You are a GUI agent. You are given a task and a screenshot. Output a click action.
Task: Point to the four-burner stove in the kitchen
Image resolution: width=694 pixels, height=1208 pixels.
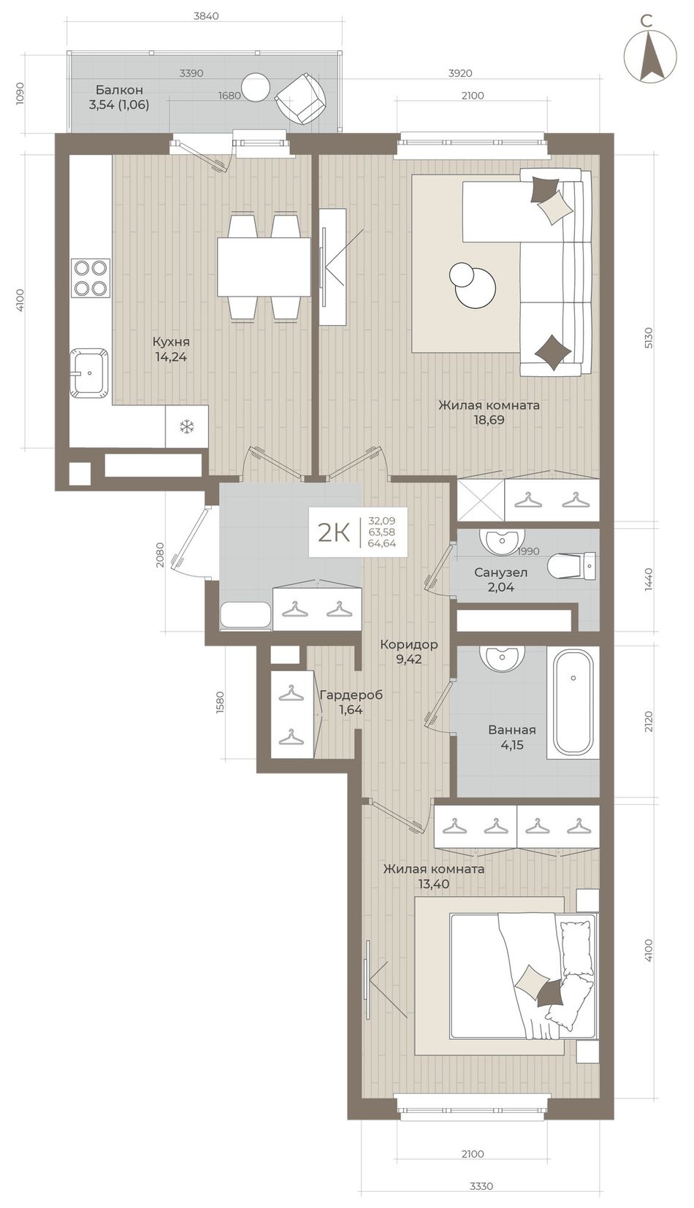click(90, 278)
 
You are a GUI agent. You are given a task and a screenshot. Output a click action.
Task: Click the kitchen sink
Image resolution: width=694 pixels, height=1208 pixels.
click(90, 372)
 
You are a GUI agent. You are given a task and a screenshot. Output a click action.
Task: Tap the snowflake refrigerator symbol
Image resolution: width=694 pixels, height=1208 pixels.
click(186, 428)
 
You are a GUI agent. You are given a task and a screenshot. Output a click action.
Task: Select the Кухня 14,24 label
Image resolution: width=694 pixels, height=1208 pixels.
click(171, 349)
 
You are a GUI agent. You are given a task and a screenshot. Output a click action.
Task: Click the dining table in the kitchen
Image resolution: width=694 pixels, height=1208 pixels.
click(264, 267)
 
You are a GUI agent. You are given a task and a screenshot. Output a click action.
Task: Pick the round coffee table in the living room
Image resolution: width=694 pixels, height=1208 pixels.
click(472, 286)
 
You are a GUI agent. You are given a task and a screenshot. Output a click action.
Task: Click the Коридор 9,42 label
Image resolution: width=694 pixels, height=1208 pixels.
click(409, 651)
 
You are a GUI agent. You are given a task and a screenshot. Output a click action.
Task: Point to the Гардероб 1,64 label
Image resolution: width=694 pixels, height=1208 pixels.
click(351, 702)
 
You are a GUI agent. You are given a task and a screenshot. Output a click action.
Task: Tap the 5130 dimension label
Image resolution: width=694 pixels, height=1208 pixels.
click(648, 337)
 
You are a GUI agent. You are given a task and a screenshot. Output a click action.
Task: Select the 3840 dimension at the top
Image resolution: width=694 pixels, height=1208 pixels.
click(206, 16)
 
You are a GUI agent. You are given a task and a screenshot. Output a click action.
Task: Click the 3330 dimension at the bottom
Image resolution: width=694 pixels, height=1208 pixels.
click(481, 1196)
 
